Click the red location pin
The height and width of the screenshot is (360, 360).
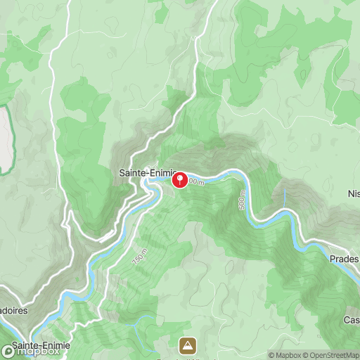point(180,180)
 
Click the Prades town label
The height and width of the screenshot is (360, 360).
point(344,259)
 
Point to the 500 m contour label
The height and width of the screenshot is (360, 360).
point(243,200)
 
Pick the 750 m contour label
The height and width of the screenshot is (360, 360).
point(140,257)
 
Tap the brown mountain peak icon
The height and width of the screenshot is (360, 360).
point(187,345)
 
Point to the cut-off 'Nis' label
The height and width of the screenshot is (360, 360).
point(354,193)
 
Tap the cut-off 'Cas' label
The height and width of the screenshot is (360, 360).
point(352,320)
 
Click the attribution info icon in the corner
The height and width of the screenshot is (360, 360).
point(263,354)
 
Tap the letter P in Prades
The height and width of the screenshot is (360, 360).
point(332,259)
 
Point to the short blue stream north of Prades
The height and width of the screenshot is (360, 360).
point(284,198)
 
